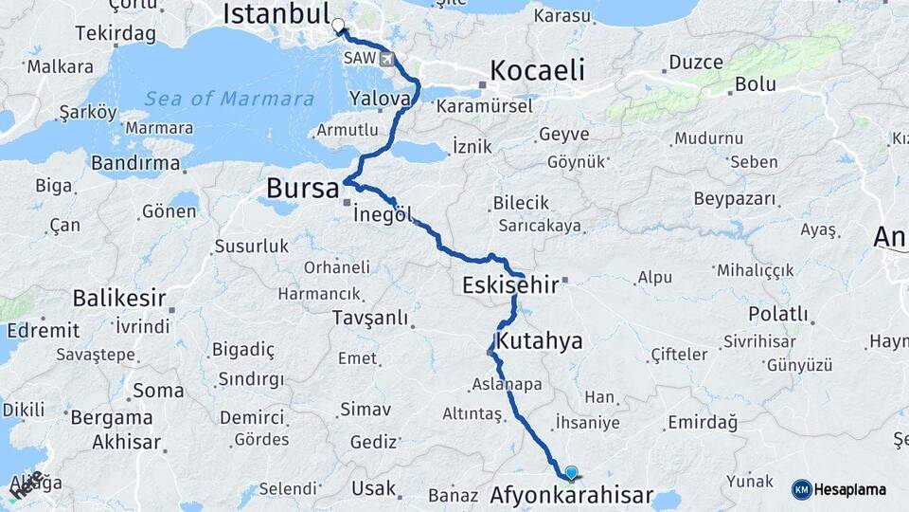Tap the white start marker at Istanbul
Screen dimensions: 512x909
tap(338, 26)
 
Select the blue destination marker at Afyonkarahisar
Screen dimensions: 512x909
tap(571, 472)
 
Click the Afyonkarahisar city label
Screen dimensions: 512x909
tap(572, 495)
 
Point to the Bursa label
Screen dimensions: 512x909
tap(302, 188)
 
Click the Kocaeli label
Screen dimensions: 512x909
tap(537, 70)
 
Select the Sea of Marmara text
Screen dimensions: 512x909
tap(229, 99)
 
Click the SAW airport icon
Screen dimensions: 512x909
tap(386, 58)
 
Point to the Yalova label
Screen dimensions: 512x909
tap(379, 98)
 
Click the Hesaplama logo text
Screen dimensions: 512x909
tap(850, 489)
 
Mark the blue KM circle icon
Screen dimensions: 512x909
tap(802, 489)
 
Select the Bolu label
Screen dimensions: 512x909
tap(755, 83)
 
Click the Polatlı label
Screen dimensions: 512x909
tap(778, 313)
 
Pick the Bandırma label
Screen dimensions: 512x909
tap(135, 163)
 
